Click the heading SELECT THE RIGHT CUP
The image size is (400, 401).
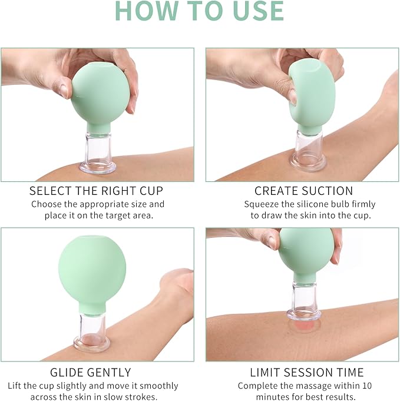click(97, 191)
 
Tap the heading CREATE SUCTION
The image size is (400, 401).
click(303, 191)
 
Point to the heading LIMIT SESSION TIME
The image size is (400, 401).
click(303, 372)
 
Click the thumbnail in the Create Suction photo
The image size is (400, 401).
click(293, 96)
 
